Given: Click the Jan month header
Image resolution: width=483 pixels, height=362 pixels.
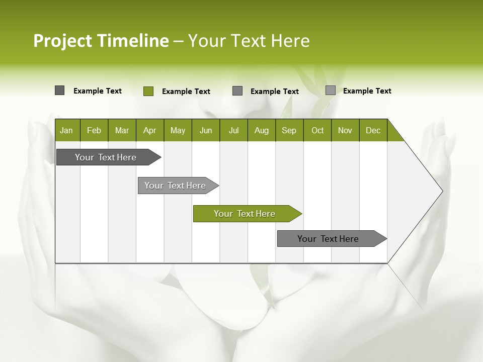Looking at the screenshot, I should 66,130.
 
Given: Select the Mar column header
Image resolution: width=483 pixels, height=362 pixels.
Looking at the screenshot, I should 122,130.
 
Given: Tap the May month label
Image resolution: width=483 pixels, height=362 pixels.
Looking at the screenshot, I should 178,130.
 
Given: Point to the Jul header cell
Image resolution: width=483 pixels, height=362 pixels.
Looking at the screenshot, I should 233,130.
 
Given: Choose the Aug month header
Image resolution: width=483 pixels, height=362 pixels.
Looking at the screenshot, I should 261,130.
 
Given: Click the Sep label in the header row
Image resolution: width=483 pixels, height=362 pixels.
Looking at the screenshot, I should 289,130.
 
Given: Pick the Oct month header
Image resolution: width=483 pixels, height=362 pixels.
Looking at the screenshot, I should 317,130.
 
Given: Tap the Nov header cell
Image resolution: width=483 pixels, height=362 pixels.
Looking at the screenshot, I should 345,130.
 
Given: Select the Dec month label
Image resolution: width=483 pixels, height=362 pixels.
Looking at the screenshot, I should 373,130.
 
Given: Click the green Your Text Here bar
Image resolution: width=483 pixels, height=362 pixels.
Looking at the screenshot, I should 245,214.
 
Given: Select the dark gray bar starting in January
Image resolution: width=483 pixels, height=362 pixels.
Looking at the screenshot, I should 106,157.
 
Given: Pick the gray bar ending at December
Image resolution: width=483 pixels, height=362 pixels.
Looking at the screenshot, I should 328,239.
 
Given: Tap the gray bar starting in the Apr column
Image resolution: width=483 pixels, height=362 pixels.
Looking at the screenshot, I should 175,186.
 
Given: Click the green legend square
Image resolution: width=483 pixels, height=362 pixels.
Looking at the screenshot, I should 148,91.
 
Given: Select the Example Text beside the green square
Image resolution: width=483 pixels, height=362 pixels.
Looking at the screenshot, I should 186,92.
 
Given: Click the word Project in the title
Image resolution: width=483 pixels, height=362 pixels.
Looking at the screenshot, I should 62,41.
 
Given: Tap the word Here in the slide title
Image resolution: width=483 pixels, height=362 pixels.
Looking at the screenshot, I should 290,41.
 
